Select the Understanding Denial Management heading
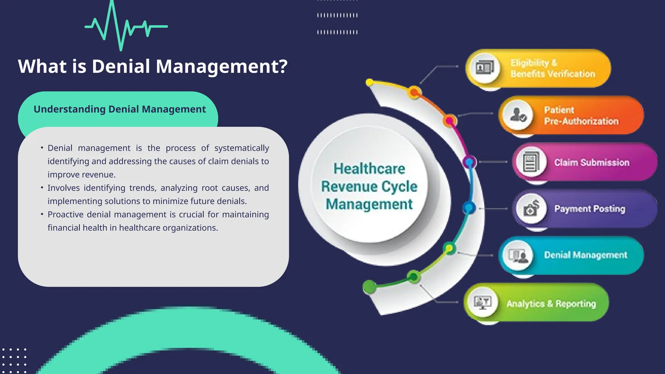pyautogui.click(x=119, y=109)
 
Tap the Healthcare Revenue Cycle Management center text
pyautogui.click(x=369, y=186)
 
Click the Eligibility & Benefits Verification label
pyautogui.click(x=552, y=68)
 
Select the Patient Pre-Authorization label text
pyautogui.click(x=581, y=116)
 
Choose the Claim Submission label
pyautogui.click(x=592, y=162)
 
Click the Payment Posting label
pyautogui.click(x=589, y=209)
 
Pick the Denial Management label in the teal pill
pyautogui.click(x=585, y=255)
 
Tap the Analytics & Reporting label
pyautogui.click(x=551, y=304)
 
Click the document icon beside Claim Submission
pyautogui.click(x=531, y=162)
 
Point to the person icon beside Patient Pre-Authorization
pyautogui.click(x=517, y=115)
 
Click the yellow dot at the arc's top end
pyautogui.click(x=370, y=82)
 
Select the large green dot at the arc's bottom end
pyautogui.click(x=369, y=287)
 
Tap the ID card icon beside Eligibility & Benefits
pyautogui.click(x=484, y=68)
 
